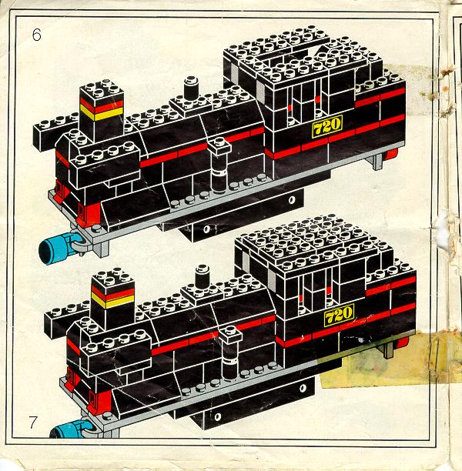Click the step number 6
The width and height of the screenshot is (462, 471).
coord(36,35)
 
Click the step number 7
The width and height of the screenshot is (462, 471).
coord(33,423)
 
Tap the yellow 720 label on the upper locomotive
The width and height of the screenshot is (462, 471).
coord(327,126)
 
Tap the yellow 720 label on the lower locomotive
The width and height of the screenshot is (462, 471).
coord(339,315)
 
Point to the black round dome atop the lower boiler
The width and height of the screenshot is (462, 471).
coord(203,276)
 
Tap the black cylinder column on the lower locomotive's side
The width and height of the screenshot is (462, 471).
coord(230,356)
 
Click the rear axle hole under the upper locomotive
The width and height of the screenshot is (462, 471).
coord(292,200)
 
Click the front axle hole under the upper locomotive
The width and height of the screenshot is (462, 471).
coord(206,229)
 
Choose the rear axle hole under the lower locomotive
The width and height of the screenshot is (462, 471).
coord(303,388)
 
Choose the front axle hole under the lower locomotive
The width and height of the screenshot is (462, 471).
coord(218,417)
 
